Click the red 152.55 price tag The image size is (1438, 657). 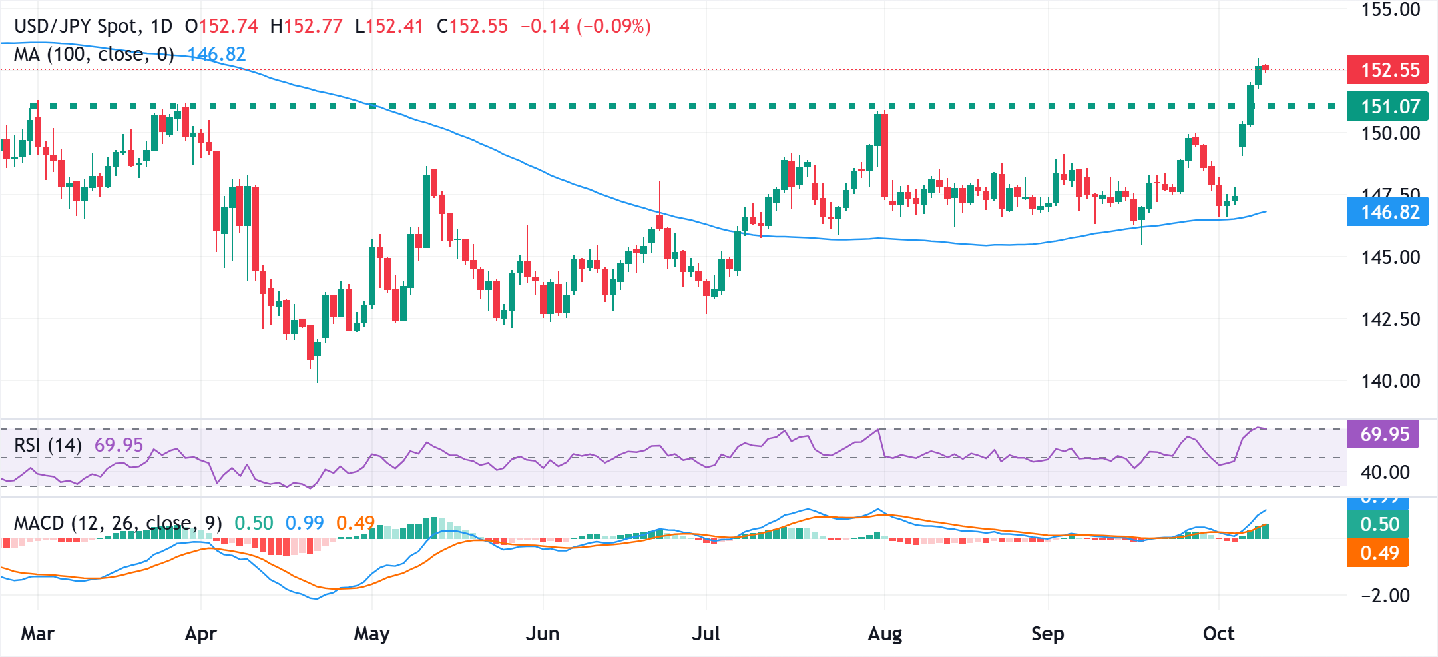[1388, 69]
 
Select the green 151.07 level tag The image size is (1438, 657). [1388, 106]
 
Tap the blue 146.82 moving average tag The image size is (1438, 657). [1388, 212]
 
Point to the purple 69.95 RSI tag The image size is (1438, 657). [1383, 434]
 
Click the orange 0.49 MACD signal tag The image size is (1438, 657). [1378, 553]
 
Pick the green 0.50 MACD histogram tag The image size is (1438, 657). [1378, 524]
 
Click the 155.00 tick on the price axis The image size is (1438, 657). [1390, 10]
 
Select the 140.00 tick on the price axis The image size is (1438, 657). [1390, 381]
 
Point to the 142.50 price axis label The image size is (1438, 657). [1390, 319]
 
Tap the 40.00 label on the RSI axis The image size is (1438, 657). [1385, 472]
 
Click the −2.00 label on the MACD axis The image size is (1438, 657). [1385, 596]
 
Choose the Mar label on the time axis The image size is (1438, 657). [37, 634]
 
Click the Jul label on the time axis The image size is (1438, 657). [706, 634]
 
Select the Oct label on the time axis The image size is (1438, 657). [1218, 634]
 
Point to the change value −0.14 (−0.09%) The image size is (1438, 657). [585, 27]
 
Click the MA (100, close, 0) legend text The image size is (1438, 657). [94, 54]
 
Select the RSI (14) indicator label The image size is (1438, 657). [48, 445]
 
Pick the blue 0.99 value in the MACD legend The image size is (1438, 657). [304, 523]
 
